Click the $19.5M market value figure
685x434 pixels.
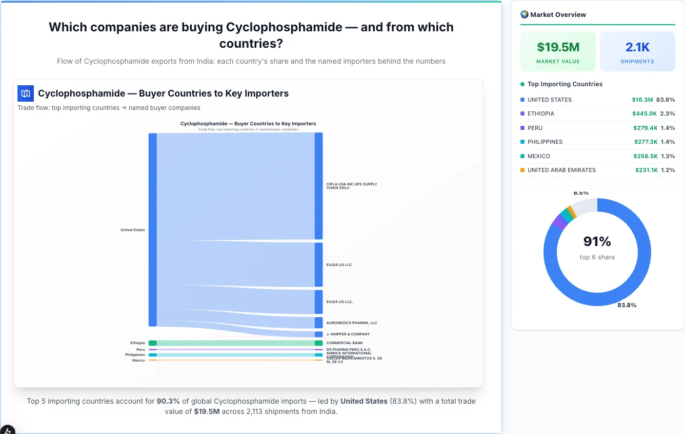coord(558,47)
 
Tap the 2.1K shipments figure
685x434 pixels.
coord(637,47)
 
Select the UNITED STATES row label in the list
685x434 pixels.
coord(549,100)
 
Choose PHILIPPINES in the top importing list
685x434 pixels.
coord(545,142)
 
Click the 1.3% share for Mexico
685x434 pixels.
coord(668,156)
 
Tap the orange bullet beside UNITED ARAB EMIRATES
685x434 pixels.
coord(522,170)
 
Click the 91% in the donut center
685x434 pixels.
coord(597,241)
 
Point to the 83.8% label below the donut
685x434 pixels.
coord(627,305)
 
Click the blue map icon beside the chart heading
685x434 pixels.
coord(26,93)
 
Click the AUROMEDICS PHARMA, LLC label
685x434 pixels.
coord(351,323)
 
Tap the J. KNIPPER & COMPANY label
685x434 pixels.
coord(348,334)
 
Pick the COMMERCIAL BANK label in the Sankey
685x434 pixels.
coord(344,343)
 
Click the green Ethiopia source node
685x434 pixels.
coord(152,343)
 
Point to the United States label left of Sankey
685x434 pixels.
coord(132,230)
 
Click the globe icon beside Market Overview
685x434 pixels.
coord(524,14)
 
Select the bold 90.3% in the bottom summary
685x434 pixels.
coord(168,401)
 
